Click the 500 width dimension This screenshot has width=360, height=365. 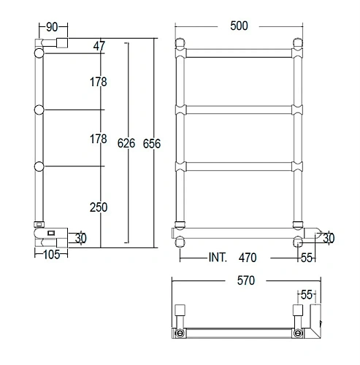pyautogui.click(x=239, y=26)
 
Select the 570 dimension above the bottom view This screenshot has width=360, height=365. pyautogui.click(x=246, y=280)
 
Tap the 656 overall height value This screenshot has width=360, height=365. pyautogui.click(x=152, y=144)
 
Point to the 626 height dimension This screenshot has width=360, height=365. pyautogui.click(x=126, y=143)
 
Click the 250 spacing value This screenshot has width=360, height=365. pyautogui.click(x=99, y=207)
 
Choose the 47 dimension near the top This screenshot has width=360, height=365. pyautogui.click(x=99, y=46)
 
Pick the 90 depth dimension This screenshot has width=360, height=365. pyautogui.click(x=52, y=27)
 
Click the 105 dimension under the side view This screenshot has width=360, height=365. pyautogui.click(x=51, y=255)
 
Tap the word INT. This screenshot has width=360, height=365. pyautogui.click(x=218, y=258)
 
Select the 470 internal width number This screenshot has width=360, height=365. pyautogui.click(x=248, y=258)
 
